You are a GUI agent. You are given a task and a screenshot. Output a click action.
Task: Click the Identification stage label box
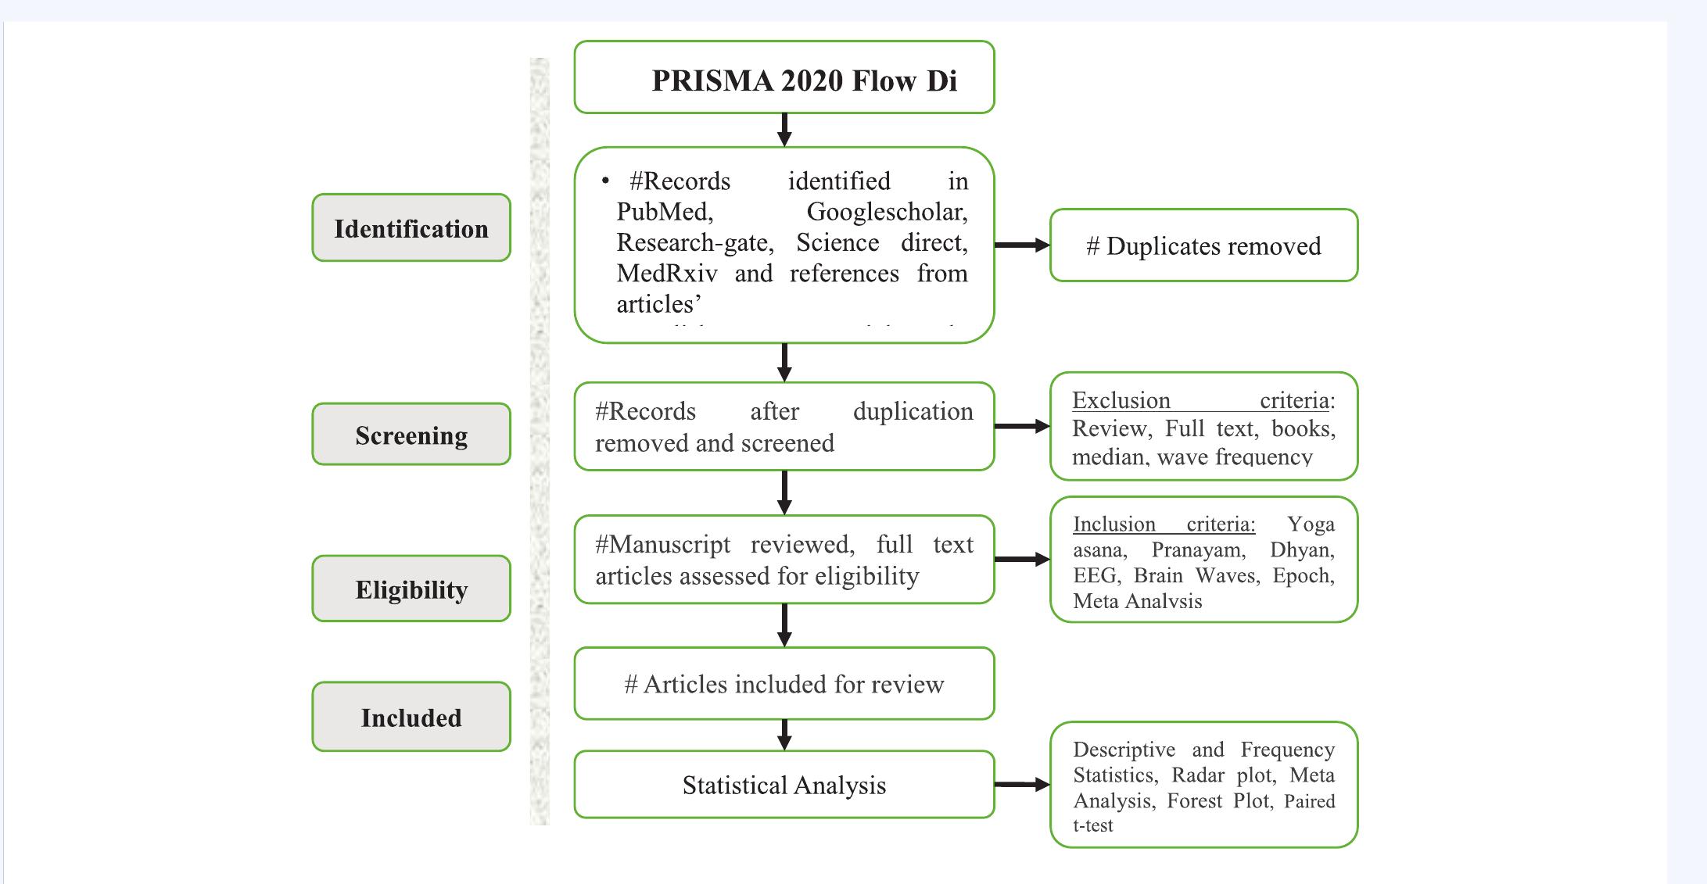[x=411, y=227]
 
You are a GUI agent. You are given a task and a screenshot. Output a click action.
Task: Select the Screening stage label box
[x=411, y=435]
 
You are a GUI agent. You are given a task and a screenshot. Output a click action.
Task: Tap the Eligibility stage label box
[x=411, y=589]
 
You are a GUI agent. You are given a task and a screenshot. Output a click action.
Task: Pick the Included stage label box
[x=411, y=717]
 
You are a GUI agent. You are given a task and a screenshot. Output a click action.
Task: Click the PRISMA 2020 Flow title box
[x=784, y=77]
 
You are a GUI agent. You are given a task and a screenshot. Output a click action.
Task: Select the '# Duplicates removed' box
[x=1203, y=245]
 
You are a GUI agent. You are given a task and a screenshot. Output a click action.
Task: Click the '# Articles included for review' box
[x=784, y=683]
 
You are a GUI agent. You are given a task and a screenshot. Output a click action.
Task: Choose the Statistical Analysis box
[x=784, y=785]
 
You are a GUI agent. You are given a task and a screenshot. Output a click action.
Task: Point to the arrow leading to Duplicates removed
[x=1022, y=245]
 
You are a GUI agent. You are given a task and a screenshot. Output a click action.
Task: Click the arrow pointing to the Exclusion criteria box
[x=1022, y=426]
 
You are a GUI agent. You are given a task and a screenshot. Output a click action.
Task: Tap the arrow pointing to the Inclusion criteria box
[x=1022, y=559]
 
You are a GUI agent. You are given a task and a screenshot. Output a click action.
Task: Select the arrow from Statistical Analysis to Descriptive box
[x=1022, y=784]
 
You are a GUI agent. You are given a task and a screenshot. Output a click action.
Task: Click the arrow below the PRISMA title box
[x=784, y=130]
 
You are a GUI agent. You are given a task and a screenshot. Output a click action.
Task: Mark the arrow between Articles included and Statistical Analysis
[x=784, y=735]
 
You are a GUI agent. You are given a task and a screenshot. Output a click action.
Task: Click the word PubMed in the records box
[x=664, y=212]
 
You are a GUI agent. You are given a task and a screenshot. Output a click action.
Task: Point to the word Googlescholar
[x=887, y=212]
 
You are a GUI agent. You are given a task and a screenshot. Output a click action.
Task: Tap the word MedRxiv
[x=666, y=274]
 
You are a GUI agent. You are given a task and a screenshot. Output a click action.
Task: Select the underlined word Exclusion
[x=1121, y=400]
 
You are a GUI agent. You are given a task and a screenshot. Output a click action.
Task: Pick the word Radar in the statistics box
[x=1197, y=775]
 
